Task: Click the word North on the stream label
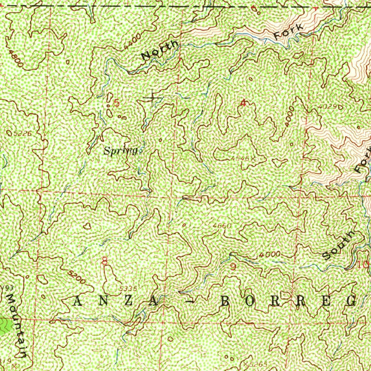pyautogui.click(x=160, y=50)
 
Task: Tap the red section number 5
pyautogui.click(x=116, y=103)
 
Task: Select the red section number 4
pyautogui.click(x=243, y=103)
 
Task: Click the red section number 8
pyautogui.click(x=105, y=261)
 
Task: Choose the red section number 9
pyautogui.click(x=233, y=267)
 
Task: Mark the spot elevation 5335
pyautogui.click(x=128, y=288)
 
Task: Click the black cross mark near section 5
pyautogui.click(x=153, y=98)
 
